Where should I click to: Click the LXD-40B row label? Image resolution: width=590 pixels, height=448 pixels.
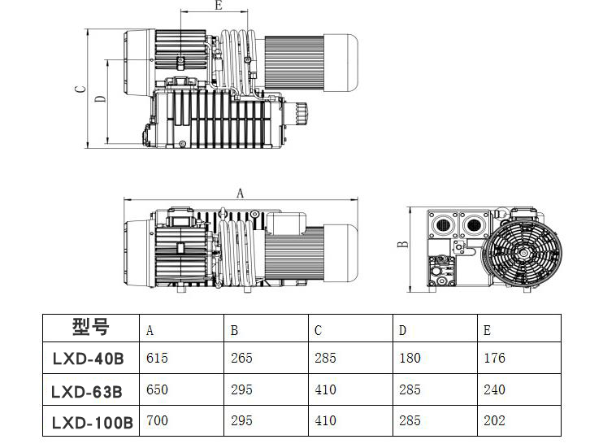[89, 359]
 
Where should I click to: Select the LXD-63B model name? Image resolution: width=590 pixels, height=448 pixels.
[87, 392]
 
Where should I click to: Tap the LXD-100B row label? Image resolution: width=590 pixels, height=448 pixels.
[93, 423]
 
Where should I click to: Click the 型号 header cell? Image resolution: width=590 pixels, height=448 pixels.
[91, 326]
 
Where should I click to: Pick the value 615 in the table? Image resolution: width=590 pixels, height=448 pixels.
[158, 358]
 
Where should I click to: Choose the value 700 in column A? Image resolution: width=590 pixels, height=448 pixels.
[158, 420]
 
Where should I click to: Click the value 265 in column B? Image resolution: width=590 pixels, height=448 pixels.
[241, 358]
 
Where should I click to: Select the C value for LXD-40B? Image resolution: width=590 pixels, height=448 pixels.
[326, 358]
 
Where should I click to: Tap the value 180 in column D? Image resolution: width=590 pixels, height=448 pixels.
[410, 358]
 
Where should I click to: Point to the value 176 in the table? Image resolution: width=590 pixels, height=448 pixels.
[494, 358]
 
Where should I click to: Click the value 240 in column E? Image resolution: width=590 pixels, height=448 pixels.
[494, 389]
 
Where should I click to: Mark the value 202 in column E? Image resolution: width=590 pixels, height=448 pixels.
[494, 420]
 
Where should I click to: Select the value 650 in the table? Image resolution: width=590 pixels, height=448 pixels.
[158, 389]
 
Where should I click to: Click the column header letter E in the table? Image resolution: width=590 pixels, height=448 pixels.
[488, 331]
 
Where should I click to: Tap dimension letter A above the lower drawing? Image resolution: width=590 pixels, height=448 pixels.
[240, 194]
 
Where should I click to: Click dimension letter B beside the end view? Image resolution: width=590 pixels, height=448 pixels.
[402, 244]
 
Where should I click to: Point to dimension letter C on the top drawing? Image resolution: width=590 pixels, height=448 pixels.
[80, 89]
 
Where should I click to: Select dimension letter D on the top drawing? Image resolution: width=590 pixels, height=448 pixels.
[100, 99]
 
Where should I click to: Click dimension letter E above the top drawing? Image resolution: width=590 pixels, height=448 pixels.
[219, 5]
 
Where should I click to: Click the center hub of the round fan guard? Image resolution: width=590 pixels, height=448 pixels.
[523, 254]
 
